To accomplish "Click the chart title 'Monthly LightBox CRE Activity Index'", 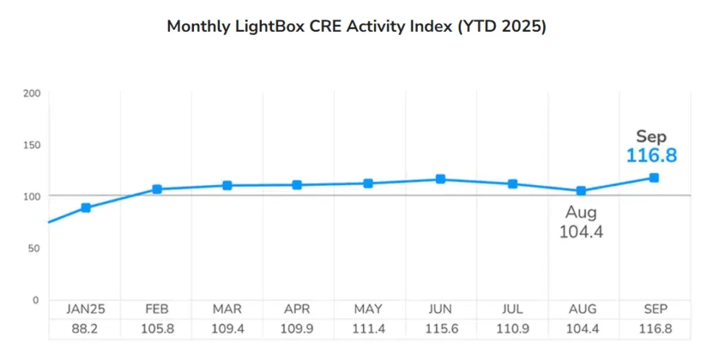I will (x=356, y=27).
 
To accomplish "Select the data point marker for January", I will (x=86, y=208).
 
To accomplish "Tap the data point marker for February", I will (x=157, y=189).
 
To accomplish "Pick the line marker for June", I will (x=440, y=179).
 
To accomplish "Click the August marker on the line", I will (x=581, y=191).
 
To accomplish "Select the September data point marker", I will (x=654, y=178).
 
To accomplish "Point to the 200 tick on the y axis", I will (x=33, y=94).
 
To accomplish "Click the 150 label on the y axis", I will (x=33, y=145).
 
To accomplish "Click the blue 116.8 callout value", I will (x=651, y=155).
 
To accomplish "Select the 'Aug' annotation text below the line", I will (x=581, y=213).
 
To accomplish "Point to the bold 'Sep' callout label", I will (x=651, y=136).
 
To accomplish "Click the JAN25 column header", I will (x=85, y=310).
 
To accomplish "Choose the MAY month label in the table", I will (x=369, y=310).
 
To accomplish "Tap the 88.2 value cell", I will (x=85, y=330).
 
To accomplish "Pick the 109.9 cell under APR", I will (x=298, y=330).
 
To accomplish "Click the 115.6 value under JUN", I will (x=440, y=330).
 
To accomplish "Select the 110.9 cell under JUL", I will (x=511, y=330).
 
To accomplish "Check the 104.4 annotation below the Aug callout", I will (x=581, y=232).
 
